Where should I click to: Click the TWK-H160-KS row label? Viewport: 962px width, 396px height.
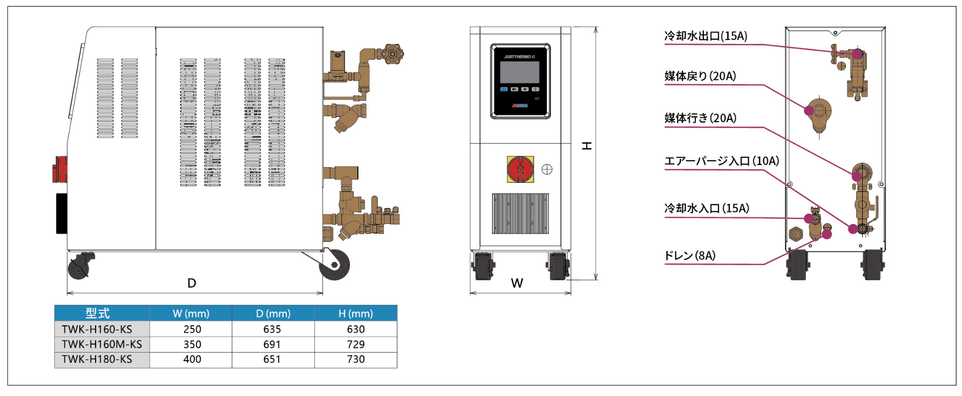coord(97,329)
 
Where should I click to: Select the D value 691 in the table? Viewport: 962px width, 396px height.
coord(272,344)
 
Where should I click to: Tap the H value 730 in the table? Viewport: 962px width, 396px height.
coord(356,359)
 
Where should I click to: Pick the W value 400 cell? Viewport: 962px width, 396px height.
coord(192,359)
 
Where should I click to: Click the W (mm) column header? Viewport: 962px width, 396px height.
coord(191,313)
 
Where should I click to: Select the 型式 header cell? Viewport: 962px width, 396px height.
coord(98,313)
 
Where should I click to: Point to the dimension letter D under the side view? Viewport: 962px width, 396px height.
coord(192,283)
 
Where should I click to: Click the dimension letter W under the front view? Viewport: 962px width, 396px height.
coord(517,283)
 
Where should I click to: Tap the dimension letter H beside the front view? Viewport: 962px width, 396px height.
coord(587,146)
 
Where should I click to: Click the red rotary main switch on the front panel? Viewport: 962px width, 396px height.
coord(520,169)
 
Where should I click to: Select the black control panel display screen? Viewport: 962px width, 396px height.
coord(519,72)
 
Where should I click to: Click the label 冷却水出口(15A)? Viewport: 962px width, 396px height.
coord(706,36)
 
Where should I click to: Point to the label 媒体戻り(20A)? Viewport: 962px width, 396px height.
coord(700,76)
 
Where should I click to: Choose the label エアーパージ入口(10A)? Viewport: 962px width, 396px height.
coord(722,161)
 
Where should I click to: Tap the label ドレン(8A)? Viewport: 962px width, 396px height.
coord(690,256)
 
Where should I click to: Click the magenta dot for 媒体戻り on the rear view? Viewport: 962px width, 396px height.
coord(809,110)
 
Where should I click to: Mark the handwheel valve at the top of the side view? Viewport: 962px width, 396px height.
coord(394,54)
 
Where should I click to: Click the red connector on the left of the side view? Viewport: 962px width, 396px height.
coord(61,169)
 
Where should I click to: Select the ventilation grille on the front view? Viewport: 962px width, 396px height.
coord(520,213)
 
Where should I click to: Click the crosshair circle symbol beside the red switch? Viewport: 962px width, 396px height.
coord(547,169)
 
